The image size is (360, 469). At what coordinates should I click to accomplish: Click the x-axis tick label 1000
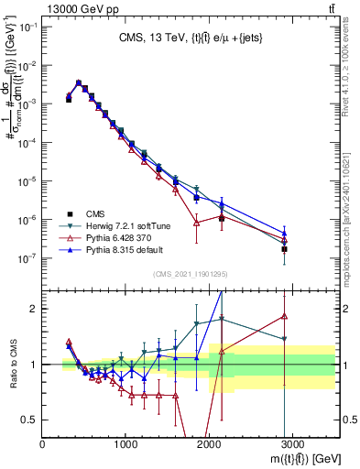coord(126,445)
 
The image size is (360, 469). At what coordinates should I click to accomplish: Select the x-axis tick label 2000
coord(209,445)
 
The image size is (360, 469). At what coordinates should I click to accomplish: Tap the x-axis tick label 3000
coord(292,445)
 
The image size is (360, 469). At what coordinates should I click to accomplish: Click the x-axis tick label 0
coord(43,445)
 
